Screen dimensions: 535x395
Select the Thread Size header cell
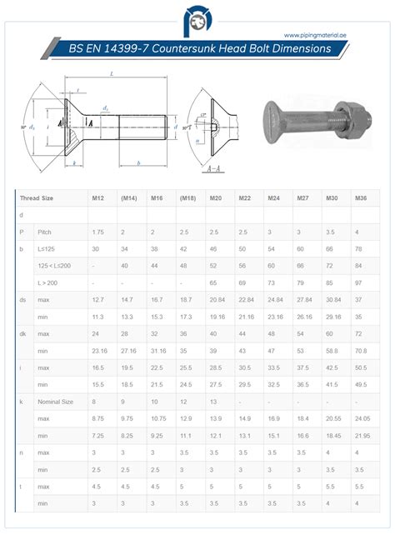37,198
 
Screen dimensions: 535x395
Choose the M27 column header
302,198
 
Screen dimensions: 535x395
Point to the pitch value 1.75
97,231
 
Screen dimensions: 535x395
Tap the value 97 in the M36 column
360,283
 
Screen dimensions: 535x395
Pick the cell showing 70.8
361,351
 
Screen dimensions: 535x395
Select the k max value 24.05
362,418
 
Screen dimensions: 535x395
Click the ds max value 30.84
333,299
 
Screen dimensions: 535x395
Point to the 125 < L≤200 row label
54,265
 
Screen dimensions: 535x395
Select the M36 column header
360,198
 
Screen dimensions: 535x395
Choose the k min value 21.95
362,436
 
